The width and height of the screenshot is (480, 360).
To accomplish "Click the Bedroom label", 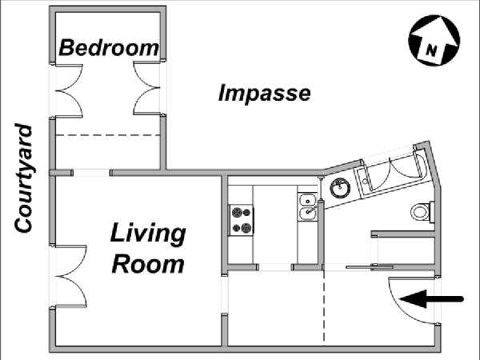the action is pos(109,48).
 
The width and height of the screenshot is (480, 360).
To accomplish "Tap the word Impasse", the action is pos(265,93).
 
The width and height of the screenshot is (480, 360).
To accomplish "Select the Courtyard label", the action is pos(23,178).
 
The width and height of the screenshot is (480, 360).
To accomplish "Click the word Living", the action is pos(148,234).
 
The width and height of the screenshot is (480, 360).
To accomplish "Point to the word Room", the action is pos(148,264).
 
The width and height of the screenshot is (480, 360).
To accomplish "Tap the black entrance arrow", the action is pos(432,298).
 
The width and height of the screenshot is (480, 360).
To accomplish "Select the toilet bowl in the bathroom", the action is pos(422,211).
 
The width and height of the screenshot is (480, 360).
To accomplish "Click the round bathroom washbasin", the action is pos(340,187).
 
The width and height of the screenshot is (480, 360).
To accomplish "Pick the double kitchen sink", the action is pos(308,206).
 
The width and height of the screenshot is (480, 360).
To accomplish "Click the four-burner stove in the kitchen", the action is pos(242,220).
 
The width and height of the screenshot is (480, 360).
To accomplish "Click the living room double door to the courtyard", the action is pos(70,276).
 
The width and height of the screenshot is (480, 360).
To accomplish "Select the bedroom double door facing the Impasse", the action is pos(147,88).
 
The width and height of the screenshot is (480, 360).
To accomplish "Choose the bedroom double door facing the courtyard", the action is pos(69,91).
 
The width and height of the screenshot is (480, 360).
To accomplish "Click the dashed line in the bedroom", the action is pos(108,135).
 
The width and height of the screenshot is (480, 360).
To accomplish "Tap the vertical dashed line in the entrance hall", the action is pos(324,308).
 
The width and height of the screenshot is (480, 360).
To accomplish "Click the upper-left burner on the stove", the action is pos(237,212).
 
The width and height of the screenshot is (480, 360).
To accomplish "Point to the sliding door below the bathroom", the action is pos(370,267).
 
